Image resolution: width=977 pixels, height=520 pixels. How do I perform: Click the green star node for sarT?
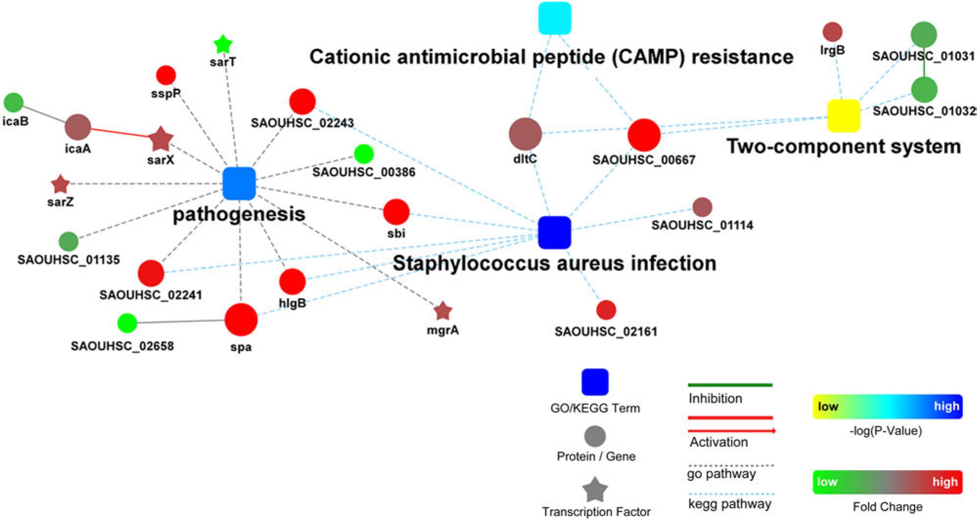223,45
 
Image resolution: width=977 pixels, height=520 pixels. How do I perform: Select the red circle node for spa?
241,320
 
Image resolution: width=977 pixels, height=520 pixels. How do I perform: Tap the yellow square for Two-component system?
843,116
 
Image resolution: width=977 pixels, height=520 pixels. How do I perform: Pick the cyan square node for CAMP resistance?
555,18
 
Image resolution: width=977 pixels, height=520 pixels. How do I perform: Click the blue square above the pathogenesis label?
239,183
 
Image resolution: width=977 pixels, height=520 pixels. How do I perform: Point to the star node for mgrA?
443,311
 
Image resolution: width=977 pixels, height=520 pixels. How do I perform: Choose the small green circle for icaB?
14,102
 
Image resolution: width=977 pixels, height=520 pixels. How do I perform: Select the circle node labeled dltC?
525,134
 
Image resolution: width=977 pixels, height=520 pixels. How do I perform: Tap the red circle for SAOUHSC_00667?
644,135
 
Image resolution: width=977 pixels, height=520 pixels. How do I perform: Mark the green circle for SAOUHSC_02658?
127,322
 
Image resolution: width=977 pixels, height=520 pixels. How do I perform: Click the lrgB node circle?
832,32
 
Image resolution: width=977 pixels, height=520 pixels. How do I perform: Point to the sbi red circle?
396,212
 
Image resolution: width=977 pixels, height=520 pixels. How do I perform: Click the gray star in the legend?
595,490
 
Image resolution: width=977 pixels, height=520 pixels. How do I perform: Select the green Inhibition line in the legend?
730,385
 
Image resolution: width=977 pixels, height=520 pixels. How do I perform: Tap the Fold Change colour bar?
887,482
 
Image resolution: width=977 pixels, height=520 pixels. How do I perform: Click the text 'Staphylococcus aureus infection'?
554,263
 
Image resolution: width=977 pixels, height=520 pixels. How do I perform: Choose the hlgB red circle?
292,282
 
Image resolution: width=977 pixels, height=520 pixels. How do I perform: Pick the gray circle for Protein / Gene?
595,436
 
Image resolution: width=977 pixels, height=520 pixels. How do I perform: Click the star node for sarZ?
60,184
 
